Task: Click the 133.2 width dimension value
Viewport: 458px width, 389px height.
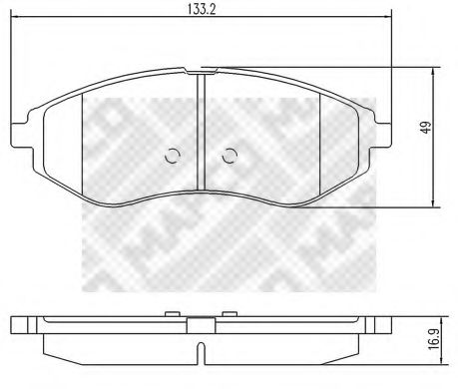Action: click(200, 9)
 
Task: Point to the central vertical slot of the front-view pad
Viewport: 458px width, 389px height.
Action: click(201, 130)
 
